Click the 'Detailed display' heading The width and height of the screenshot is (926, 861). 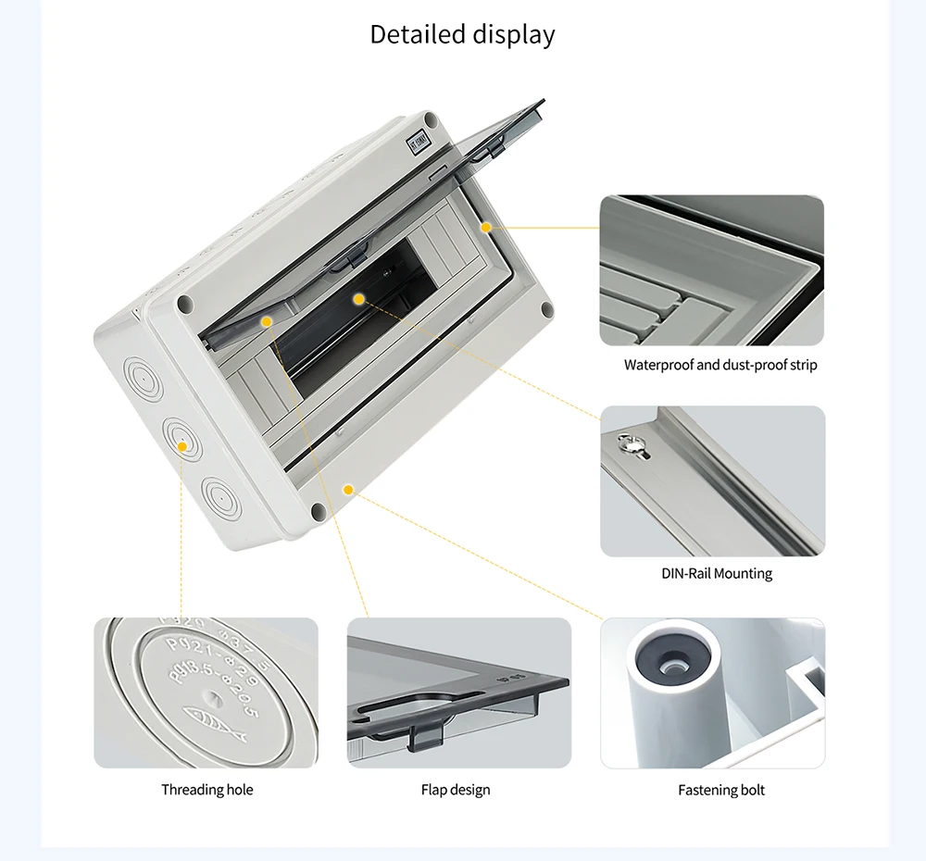coord(462,34)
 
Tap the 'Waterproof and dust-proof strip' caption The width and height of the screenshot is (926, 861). coord(720,365)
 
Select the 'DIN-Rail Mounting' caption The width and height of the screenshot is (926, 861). coord(717,573)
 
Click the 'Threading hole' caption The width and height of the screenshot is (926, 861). coord(206,790)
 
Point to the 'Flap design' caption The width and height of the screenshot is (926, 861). coord(456,790)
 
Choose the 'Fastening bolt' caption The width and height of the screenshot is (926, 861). coord(721,790)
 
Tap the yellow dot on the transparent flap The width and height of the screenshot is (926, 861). coord(267,321)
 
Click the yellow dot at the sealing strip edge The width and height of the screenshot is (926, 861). coord(484,226)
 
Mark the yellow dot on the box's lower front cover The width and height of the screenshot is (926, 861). coord(348,489)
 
